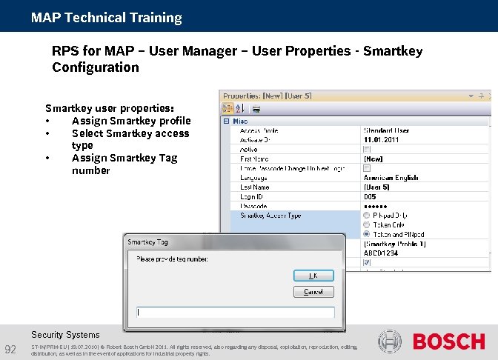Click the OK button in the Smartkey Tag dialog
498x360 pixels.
[313, 275]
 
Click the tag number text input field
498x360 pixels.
[236, 313]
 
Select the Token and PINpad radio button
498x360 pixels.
[367, 233]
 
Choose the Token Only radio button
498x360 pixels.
[367, 224]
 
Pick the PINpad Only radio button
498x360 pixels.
[367, 216]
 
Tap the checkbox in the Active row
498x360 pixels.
[367, 149]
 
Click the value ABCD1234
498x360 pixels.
[381, 253]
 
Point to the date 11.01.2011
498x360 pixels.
[381, 139]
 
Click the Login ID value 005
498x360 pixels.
[370, 196]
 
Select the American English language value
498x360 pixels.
[391, 178]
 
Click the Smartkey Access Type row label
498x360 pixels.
[270, 216]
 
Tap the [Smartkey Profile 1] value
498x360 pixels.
[395, 243]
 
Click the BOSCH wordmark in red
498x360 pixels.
[448, 341]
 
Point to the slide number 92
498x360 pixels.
[11, 349]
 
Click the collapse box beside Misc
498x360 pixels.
[226, 121]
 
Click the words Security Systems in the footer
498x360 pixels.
[65, 335]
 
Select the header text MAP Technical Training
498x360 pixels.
[107, 17]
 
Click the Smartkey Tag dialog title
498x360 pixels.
[148, 242]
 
